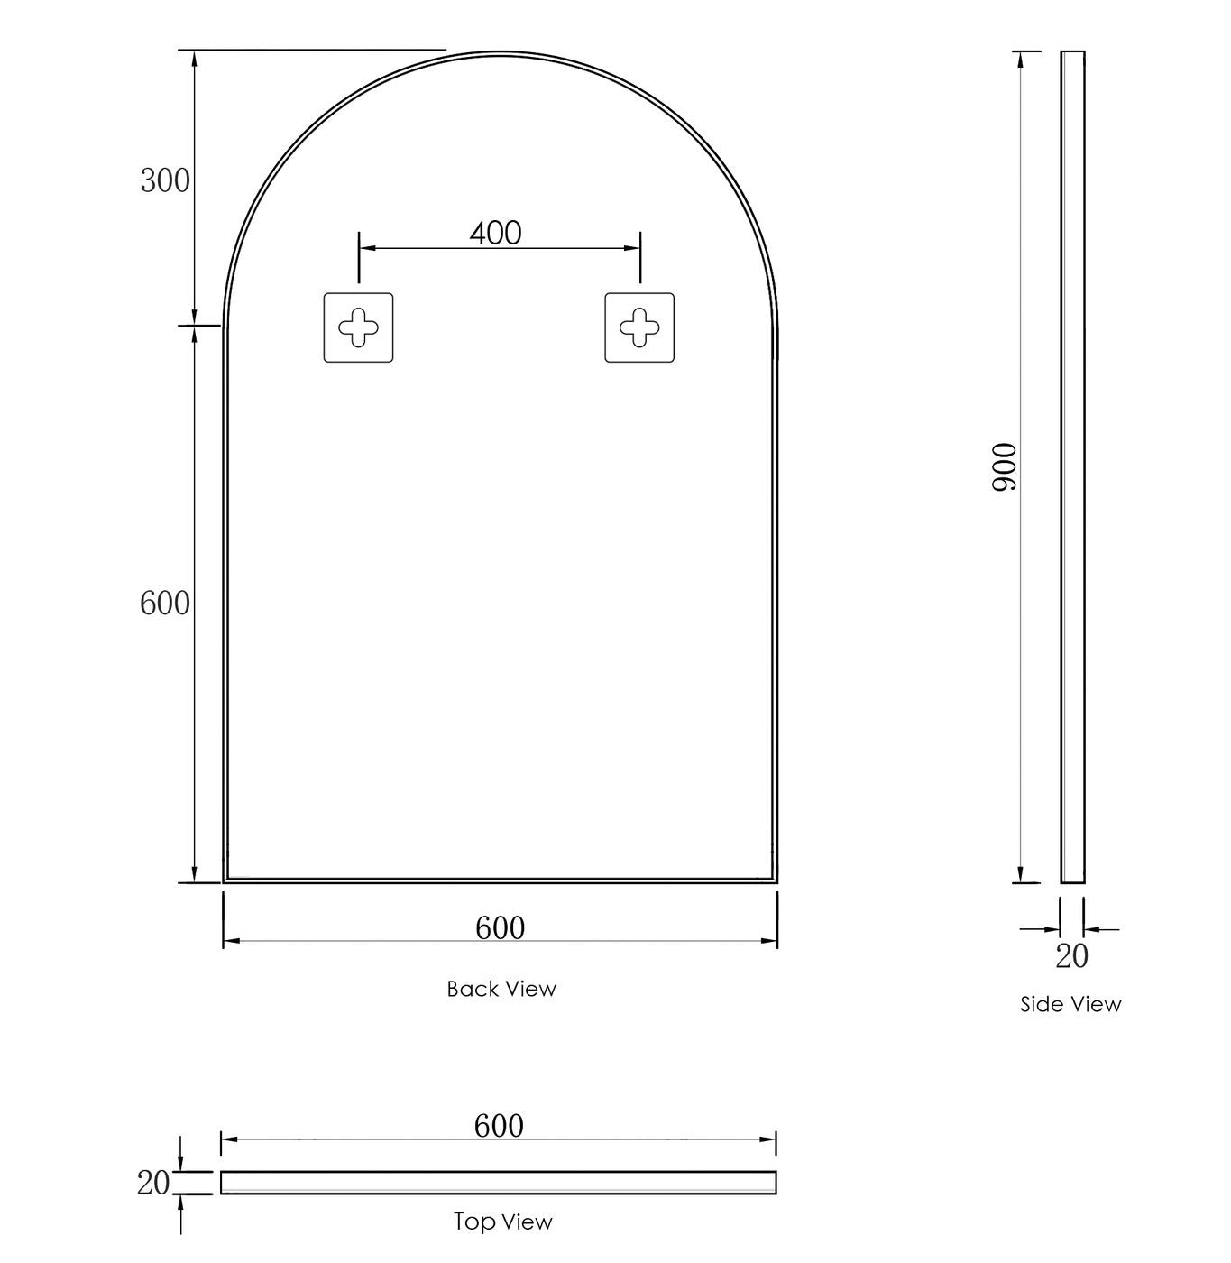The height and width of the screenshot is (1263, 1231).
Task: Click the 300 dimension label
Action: (x=165, y=181)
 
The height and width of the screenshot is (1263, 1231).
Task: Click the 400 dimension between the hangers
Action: (x=495, y=234)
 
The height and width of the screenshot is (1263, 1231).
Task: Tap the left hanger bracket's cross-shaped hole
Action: (x=358, y=327)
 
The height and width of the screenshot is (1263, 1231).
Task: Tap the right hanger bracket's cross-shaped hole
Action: (x=639, y=327)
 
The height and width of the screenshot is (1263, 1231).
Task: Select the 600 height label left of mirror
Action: (x=165, y=604)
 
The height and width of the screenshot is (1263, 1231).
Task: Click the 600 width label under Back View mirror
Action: (x=500, y=927)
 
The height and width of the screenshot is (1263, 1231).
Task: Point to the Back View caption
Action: (x=501, y=989)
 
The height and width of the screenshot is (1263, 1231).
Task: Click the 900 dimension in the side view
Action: (x=1005, y=466)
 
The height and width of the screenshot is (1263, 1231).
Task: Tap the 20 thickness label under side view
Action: (x=1071, y=956)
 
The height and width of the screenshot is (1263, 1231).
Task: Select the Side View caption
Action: (x=1070, y=1004)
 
